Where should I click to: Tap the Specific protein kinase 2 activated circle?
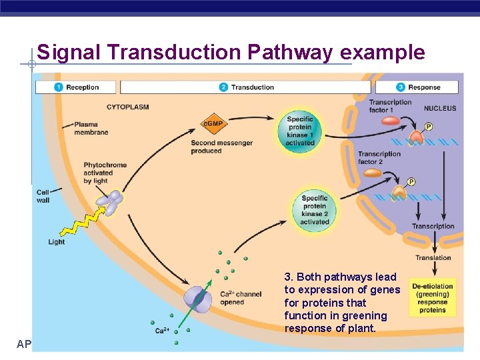pos(314,210)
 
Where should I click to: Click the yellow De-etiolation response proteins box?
pos(433,297)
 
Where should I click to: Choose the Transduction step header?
pos(245,87)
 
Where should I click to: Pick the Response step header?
pos(417,87)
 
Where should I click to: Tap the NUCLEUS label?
pos(440,108)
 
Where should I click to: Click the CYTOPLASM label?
pos(127,107)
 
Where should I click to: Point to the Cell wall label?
pos(43,196)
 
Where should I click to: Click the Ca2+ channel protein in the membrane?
pos(199,297)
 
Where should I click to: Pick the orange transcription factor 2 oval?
pos(373,173)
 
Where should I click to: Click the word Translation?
pos(433,258)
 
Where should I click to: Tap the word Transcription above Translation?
pos(433,227)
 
